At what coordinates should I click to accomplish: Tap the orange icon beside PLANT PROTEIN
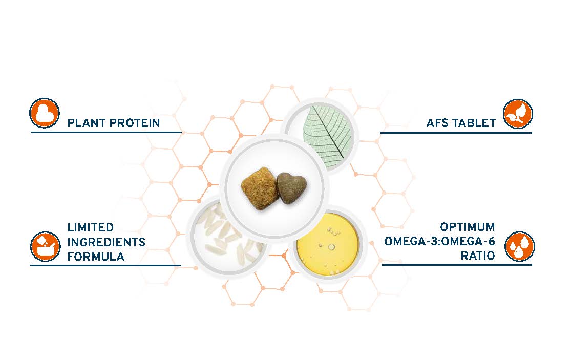(44, 113)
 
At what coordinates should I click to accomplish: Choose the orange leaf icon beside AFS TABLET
(518, 114)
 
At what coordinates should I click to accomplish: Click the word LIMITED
(91, 227)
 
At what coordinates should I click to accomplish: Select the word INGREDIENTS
(106, 242)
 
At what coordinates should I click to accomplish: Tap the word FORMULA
(96, 257)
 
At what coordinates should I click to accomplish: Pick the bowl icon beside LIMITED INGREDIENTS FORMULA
(45, 246)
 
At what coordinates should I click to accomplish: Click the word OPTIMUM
(468, 227)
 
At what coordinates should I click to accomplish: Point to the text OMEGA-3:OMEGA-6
(439, 242)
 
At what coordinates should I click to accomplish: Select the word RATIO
(477, 256)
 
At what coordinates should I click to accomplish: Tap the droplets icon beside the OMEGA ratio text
(519, 246)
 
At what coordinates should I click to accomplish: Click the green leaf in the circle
(327, 136)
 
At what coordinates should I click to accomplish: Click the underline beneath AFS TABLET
(456, 133)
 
